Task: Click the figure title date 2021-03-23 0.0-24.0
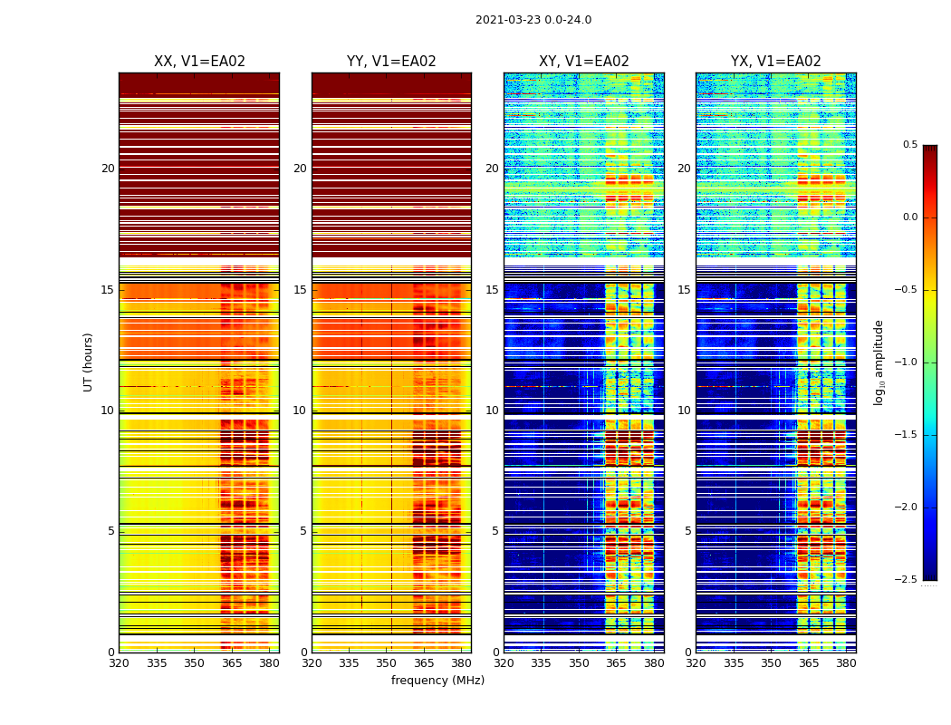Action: (x=533, y=20)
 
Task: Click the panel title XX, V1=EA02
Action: (x=199, y=62)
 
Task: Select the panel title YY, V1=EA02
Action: (x=391, y=62)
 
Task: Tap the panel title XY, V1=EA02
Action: (x=584, y=62)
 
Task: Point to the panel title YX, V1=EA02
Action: (x=776, y=62)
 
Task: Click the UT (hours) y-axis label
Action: (x=89, y=362)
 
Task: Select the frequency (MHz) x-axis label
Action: (x=437, y=681)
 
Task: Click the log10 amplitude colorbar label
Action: (x=879, y=362)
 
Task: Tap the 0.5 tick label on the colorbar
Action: (x=909, y=145)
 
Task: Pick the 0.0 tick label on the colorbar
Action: (x=909, y=217)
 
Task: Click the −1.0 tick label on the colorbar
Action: (x=908, y=362)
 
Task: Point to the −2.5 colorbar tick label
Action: (x=908, y=580)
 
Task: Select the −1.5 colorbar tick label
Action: (x=908, y=435)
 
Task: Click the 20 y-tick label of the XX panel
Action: (x=108, y=169)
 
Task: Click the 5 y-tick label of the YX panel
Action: (x=687, y=531)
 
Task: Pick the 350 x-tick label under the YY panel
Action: (x=387, y=663)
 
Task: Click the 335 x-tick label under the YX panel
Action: (x=734, y=663)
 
